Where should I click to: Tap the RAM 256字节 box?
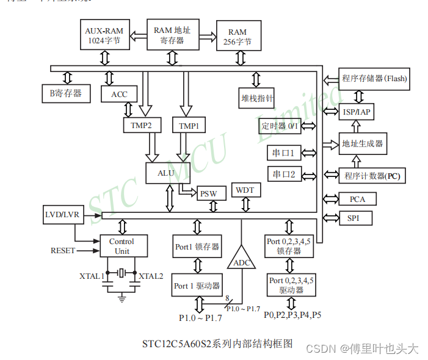point(238,37)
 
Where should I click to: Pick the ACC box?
point(120,95)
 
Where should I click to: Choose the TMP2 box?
point(141,126)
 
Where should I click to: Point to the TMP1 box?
point(189,126)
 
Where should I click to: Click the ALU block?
point(166,173)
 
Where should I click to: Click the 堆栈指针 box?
point(257,98)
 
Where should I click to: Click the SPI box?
point(354,218)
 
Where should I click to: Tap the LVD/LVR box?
point(62,215)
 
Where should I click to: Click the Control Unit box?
point(122,246)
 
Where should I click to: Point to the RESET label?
point(63,250)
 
